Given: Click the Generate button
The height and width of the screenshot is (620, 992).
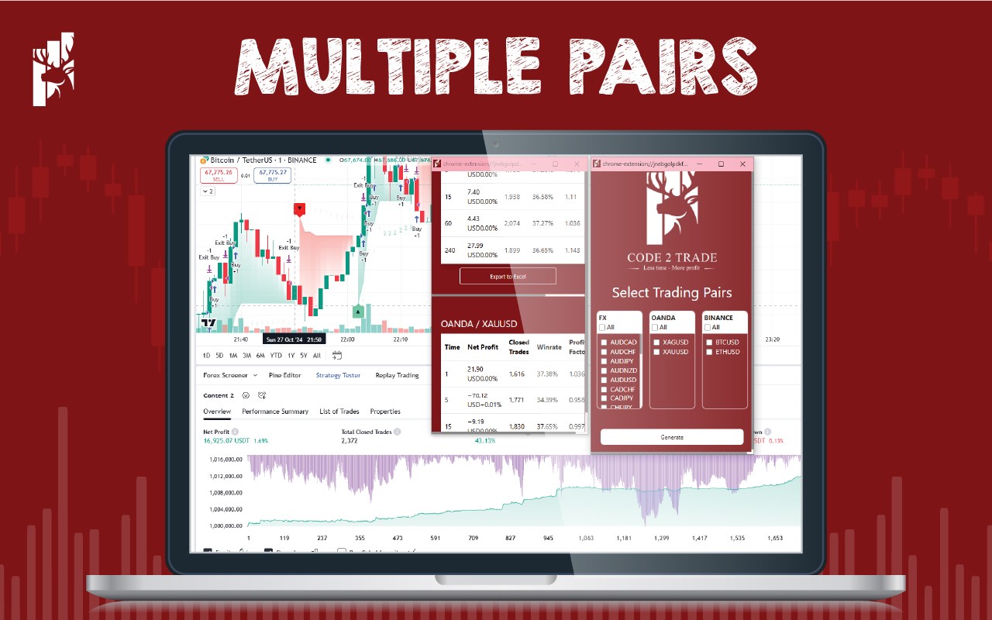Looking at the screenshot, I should pos(671,437).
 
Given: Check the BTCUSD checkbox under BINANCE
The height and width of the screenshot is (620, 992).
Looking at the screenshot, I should pos(709,342).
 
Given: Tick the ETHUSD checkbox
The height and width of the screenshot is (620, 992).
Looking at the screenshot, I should pos(709,352).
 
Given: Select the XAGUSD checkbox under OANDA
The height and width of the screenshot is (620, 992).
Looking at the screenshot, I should pos(656,342).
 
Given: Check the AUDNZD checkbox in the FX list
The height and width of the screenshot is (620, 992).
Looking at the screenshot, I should pos(604,370).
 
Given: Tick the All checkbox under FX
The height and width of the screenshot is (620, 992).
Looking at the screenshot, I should pos(602,327).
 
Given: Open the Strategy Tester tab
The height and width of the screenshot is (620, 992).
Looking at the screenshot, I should pos(338,375).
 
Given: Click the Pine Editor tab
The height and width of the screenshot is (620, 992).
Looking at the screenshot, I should pos(284,375).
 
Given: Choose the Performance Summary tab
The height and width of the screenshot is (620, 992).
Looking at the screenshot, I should pos(275,412).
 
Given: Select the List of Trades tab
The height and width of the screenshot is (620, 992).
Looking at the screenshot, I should pos(339,412).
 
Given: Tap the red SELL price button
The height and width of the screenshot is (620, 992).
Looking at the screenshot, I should pos(218,175).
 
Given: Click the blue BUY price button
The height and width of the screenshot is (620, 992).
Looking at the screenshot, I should pos(273,175).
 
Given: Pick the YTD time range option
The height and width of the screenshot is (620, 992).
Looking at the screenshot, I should pos(276,356).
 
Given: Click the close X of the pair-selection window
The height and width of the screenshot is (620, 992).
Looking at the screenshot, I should pos(742,164).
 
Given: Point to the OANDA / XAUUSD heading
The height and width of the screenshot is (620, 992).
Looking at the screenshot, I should pos(478,324).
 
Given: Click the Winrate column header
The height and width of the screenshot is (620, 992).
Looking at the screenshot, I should pos(549,347).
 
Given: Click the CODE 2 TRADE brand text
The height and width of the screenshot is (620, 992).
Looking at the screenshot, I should pos(671,257).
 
